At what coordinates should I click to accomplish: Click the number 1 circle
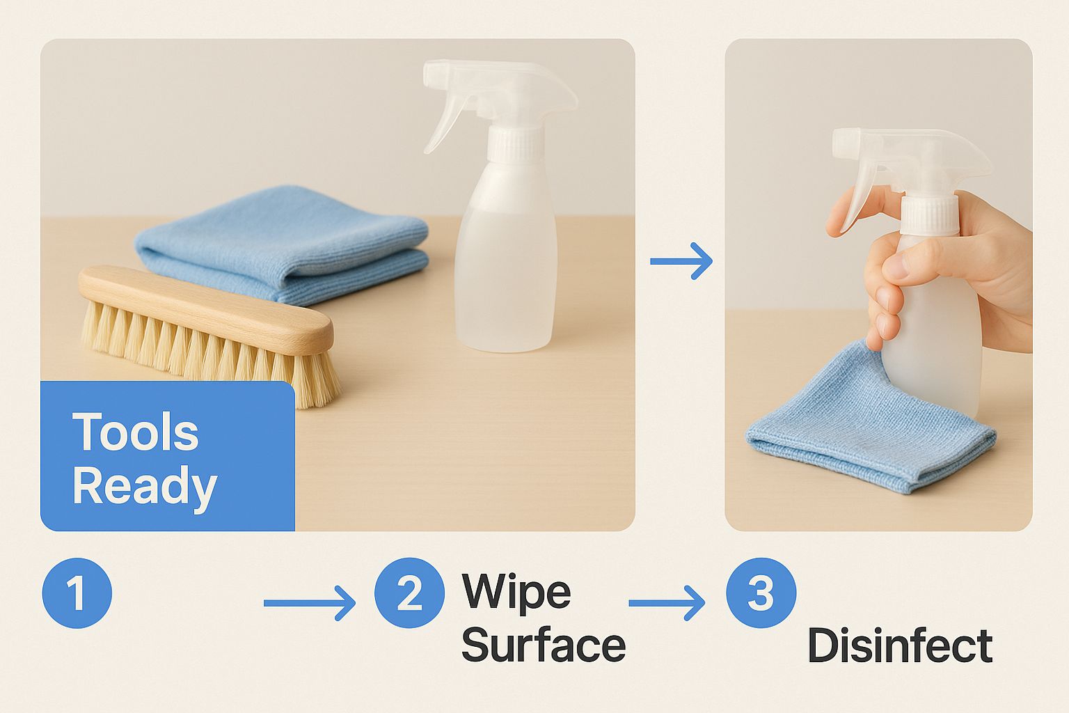[77, 593]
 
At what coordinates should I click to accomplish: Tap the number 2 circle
[409, 593]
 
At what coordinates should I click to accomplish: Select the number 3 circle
[761, 593]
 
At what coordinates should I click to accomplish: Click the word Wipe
[516, 592]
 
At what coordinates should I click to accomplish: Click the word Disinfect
[900, 645]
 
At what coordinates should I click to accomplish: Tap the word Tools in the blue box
[136, 432]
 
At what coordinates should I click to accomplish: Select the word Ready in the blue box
[145, 487]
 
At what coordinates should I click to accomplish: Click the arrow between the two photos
[681, 260]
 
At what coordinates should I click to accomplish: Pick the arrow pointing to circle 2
[310, 603]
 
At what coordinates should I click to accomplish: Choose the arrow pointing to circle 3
[667, 603]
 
